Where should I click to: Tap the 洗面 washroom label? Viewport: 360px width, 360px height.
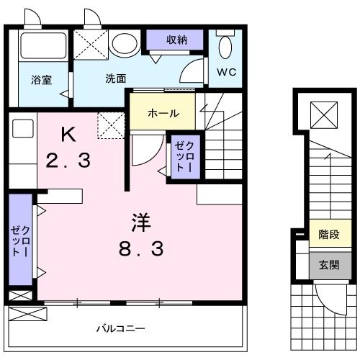[x=116, y=78]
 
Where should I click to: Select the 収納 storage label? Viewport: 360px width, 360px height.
[x=176, y=40]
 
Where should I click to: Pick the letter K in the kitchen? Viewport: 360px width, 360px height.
[x=68, y=133]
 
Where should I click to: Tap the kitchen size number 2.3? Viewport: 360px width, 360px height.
[x=69, y=161]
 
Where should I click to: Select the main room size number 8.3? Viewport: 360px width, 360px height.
[x=141, y=250]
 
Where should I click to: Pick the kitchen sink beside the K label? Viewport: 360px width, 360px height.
[x=22, y=130]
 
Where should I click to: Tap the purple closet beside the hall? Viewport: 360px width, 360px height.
[x=181, y=157]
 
